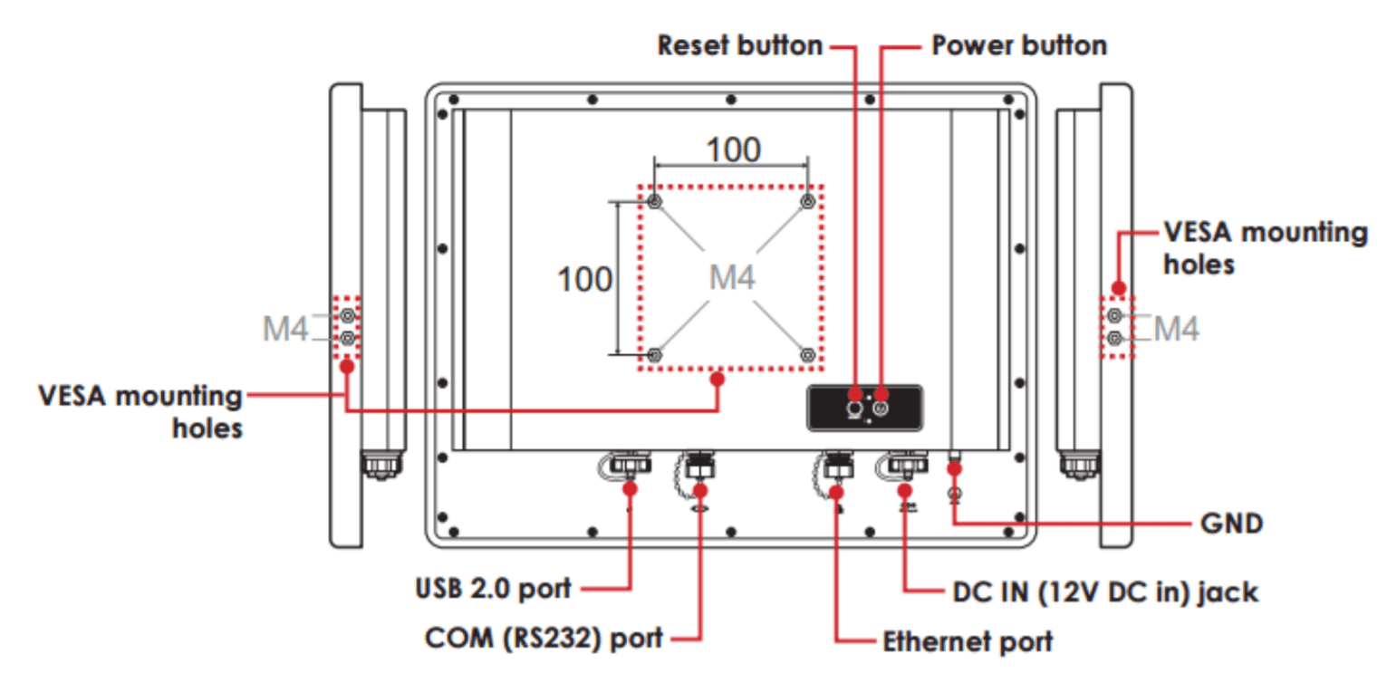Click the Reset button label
tap(739, 45)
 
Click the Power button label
tap(1019, 45)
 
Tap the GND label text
tap(1231, 524)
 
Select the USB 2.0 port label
tap(494, 588)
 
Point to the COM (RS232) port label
tap(544, 638)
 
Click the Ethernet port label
tap(968, 641)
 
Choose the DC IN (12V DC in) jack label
tap(1105, 592)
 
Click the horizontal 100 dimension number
tap(733, 149)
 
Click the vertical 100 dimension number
tap(584, 280)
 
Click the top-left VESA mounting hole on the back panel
tap(655, 200)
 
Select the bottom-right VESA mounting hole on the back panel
tap(808, 353)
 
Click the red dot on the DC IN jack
tap(905, 490)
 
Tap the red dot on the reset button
tap(855, 393)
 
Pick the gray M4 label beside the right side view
tap(1177, 329)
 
